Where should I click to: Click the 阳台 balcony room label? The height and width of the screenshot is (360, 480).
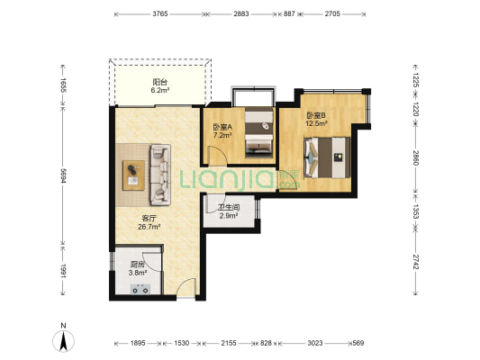[160, 82]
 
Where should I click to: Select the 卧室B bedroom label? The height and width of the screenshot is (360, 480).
[316, 115]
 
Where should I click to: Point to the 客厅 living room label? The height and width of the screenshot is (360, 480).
[149, 219]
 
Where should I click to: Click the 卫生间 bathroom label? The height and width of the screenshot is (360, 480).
[229, 207]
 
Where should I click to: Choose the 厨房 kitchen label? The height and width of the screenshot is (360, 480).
[137, 264]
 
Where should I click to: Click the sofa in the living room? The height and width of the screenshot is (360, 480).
[160, 175]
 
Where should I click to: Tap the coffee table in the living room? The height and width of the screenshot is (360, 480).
[134, 175]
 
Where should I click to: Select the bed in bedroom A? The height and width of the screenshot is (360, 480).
[259, 132]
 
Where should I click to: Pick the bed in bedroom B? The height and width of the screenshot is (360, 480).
[327, 157]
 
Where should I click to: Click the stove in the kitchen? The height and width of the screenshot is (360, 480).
[140, 289]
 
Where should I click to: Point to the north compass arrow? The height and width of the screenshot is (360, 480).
[63, 341]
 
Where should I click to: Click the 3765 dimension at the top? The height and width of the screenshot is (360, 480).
[160, 13]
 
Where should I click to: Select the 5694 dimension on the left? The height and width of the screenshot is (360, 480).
[63, 175]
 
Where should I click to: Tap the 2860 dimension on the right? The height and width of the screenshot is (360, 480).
[415, 157]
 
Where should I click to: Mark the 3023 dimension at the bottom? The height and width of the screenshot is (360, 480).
[315, 343]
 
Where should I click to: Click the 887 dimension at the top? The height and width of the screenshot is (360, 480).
[289, 13]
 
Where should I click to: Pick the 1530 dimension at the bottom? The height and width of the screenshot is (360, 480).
[182, 343]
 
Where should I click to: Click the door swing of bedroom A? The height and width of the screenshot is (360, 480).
[217, 156]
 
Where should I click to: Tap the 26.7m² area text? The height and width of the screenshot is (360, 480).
[149, 227]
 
